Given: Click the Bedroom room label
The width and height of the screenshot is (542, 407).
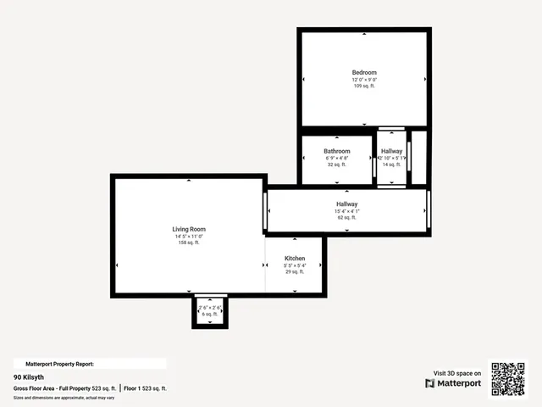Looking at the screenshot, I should coord(364,73).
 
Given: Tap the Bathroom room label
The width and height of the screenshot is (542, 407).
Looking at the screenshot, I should coord(336,152).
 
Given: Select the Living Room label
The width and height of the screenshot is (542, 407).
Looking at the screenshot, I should coord(189,229).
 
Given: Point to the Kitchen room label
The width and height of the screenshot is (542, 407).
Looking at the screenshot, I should coord(294,259).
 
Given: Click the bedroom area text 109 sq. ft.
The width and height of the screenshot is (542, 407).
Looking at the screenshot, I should coord(364,86).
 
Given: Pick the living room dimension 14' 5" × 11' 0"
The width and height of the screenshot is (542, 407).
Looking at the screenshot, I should coord(189,236).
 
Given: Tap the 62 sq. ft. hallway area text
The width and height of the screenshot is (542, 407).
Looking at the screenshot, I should coord(346,218).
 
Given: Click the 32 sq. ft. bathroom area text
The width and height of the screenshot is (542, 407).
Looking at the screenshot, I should coord(336,164).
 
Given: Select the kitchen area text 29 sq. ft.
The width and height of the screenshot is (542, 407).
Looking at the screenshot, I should coord(294,271).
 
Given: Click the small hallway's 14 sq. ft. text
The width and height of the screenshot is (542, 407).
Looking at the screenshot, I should coord(391,164).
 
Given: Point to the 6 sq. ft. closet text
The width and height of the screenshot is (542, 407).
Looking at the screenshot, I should coord(209,314).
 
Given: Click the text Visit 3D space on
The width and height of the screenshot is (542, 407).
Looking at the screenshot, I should coord(457,373).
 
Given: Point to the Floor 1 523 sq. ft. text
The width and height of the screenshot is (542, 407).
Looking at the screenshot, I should coord(145,387).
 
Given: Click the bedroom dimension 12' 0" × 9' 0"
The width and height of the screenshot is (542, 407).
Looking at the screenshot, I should coord(364,80).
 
